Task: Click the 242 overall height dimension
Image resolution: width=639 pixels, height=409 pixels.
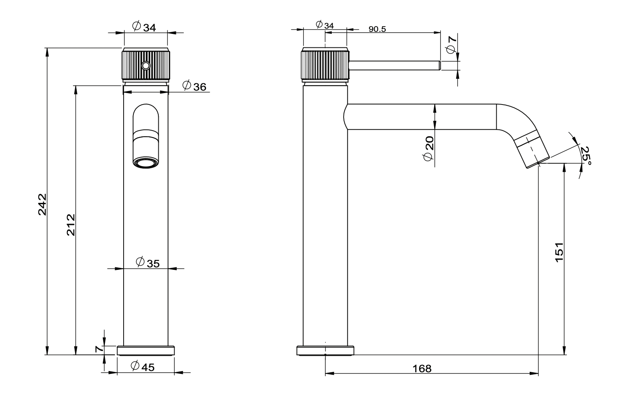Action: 42,204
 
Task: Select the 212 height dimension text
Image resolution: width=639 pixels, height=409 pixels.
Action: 71,224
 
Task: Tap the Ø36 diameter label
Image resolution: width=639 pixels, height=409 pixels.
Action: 194,86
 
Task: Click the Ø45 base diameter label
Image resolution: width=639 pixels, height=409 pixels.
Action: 142,367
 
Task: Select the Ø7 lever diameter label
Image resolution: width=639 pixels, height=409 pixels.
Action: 451,44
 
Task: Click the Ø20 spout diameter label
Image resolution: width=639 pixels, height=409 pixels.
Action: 428,149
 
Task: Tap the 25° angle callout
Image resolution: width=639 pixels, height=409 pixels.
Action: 586,156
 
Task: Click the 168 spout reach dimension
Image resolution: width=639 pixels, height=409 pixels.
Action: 422,369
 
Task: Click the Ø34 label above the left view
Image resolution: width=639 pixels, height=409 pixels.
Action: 144,27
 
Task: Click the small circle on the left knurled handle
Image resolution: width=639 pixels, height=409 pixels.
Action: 146,65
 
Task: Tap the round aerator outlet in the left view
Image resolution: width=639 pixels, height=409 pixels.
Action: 146,164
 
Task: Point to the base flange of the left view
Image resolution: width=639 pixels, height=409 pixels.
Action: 146,351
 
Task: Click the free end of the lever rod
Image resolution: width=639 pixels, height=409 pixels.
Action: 438,65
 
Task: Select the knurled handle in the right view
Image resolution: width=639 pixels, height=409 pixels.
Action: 325,65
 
